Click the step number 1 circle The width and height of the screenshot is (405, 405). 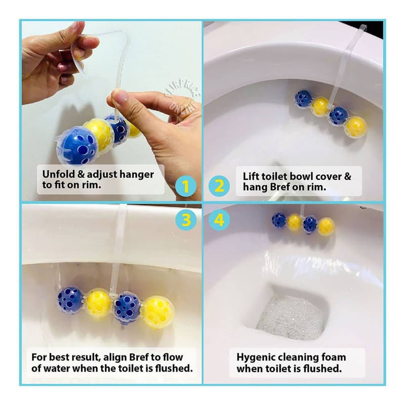tap(186, 187)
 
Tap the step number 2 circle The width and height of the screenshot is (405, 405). tap(219, 187)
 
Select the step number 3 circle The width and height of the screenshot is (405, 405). tap(186, 220)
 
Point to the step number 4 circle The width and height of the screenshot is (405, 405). tap(219, 220)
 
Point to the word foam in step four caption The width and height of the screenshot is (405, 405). tap(341, 357)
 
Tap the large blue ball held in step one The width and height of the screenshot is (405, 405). tap(77, 146)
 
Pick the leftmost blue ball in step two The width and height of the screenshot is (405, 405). tap(303, 98)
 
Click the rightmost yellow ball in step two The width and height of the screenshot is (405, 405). tap(356, 127)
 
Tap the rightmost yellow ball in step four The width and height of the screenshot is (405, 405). tap(326, 226)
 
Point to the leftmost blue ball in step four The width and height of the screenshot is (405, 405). tap(279, 220)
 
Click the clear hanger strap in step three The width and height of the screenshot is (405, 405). tap(119, 243)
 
